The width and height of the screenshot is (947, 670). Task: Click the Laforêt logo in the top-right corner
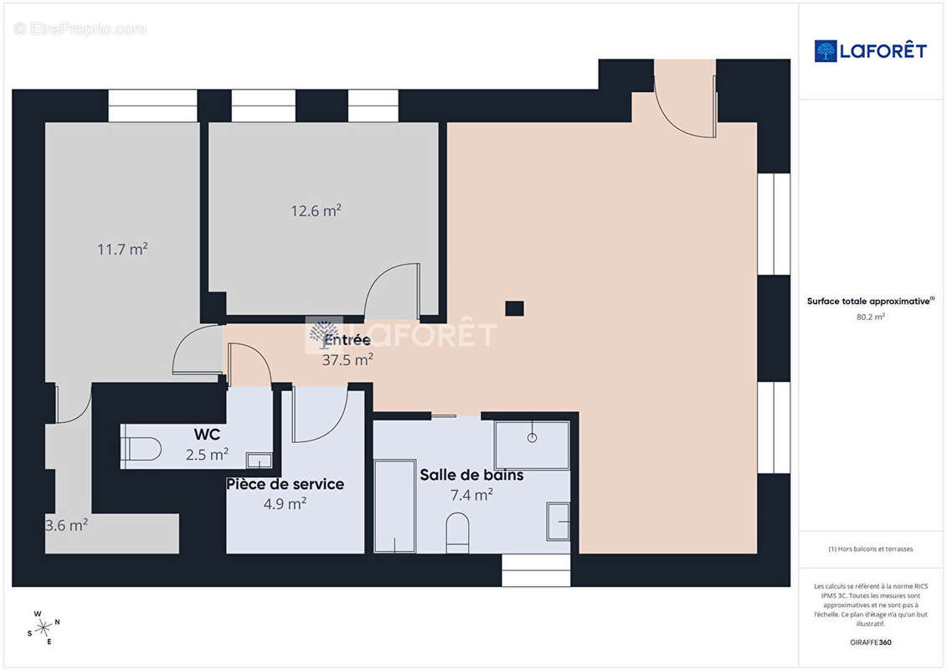click(x=871, y=51)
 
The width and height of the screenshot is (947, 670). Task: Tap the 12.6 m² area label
click(x=316, y=211)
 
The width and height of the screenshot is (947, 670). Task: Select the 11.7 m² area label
click(x=122, y=249)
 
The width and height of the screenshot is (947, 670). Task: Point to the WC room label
click(x=207, y=435)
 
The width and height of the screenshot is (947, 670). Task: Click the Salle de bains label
click(x=471, y=475)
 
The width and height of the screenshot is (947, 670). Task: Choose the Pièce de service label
click(x=285, y=484)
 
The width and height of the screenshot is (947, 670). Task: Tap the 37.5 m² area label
click(x=347, y=360)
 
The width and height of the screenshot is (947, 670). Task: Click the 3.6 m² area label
click(x=66, y=525)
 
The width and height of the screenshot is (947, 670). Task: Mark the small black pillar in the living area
click(x=514, y=308)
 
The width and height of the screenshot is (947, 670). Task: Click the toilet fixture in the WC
click(x=141, y=450)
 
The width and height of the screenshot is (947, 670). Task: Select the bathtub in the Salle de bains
click(x=394, y=506)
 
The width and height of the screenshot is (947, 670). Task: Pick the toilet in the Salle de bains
click(x=457, y=533)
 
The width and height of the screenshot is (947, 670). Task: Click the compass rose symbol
click(x=44, y=626)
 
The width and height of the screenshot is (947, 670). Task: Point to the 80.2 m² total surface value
click(x=871, y=317)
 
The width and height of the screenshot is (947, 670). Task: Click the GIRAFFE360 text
click(x=871, y=643)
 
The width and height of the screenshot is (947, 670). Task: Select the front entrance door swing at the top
click(x=683, y=105)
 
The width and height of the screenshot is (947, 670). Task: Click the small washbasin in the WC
click(x=259, y=460)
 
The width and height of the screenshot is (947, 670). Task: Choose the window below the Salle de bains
click(x=535, y=570)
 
